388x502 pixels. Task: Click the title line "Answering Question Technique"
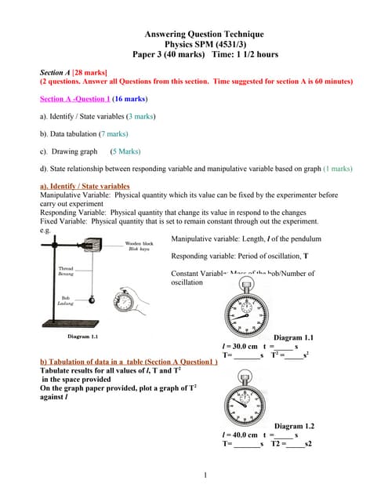205,34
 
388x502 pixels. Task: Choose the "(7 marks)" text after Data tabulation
106,134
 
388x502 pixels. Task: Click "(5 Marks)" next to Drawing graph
125,151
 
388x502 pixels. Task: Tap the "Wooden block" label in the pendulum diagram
140,244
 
